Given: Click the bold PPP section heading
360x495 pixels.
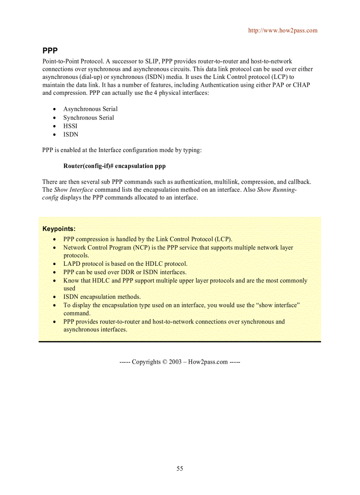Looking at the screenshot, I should tap(50, 50).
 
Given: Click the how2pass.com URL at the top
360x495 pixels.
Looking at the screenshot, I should tap(282, 30).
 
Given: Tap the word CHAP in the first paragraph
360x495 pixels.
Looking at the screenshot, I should tap(301, 85).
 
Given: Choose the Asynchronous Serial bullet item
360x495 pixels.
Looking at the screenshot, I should tap(90, 109).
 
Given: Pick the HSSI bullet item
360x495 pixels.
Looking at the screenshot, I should tap(70, 126).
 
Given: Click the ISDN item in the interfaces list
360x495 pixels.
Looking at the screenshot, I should tap(71, 134).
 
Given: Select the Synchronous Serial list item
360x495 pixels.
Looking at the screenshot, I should tap(88, 118).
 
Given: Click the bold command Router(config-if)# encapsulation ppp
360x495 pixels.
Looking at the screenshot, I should tap(114, 166).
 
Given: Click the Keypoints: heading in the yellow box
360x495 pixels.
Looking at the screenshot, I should tap(59, 229).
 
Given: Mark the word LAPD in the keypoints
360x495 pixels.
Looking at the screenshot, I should tap(72, 264).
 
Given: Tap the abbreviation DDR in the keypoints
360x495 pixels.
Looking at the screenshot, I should tap(127, 272).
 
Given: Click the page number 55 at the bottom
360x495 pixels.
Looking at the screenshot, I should tap(180, 469).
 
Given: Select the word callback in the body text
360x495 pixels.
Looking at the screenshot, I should tap(299, 182).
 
